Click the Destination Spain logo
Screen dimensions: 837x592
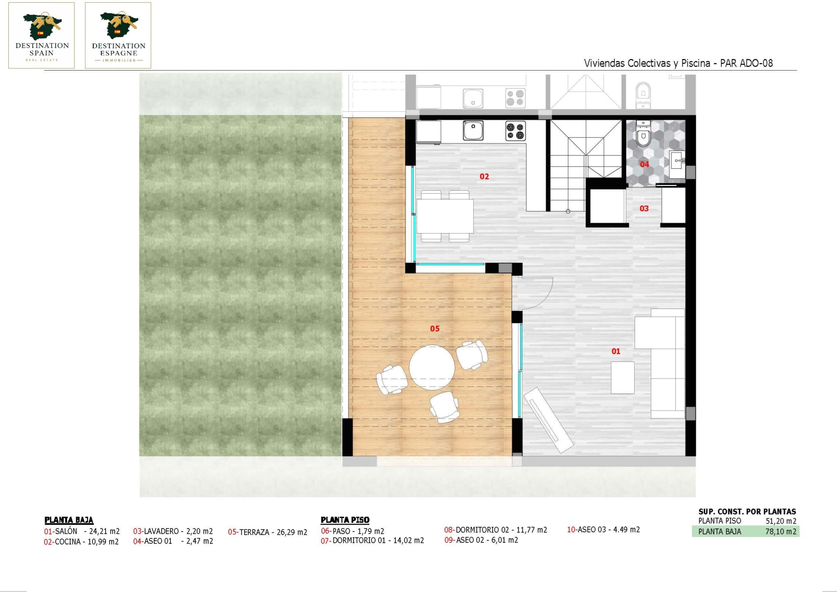coord(42,35)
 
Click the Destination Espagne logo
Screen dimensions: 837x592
coord(118,35)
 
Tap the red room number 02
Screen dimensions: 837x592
coord(484,177)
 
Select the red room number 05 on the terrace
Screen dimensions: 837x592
coord(435,329)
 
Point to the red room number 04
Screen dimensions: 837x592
coord(644,164)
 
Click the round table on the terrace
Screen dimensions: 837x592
coord(432,368)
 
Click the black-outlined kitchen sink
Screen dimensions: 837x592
coord(473,131)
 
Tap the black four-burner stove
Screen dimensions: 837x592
coord(515,131)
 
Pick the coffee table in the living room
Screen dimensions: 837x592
coord(623,378)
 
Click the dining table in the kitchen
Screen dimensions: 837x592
coord(445,216)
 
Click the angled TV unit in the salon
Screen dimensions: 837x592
coord(549,420)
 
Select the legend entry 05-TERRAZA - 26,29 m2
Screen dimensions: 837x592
coord(267,532)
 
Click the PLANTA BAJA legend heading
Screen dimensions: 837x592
coord(69,520)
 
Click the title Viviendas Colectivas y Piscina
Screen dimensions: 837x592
coord(647,63)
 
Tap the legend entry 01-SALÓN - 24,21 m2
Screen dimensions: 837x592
coord(82,532)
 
